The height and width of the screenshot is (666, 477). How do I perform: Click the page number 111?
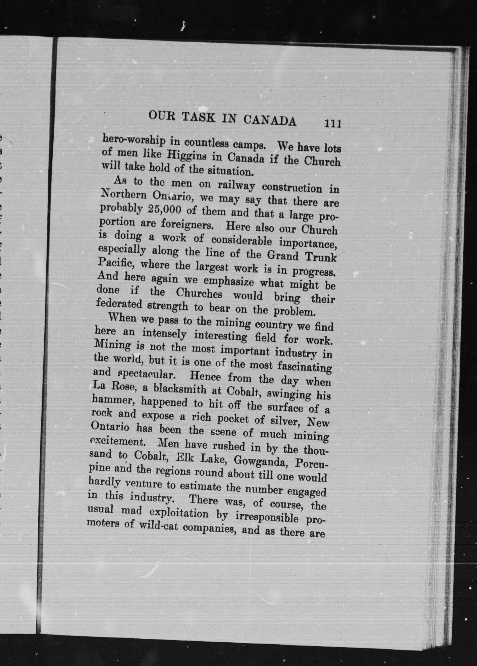(x=332, y=123)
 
